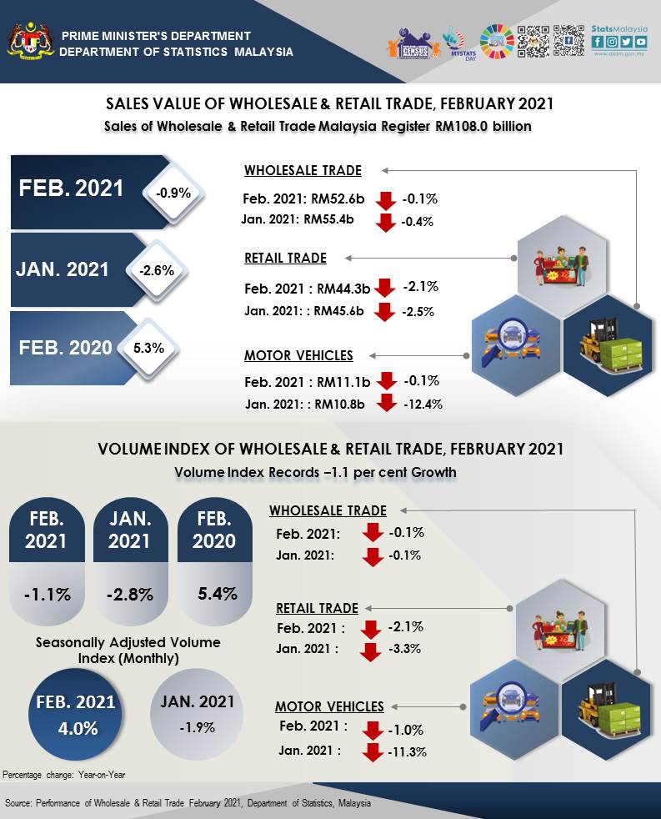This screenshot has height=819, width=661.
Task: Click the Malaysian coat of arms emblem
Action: tap(29, 41)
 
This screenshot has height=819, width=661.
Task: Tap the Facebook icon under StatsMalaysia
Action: tap(598, 42)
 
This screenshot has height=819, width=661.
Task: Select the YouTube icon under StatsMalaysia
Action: tap(640, 42)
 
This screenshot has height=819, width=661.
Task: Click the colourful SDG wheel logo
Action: tap(497, 41)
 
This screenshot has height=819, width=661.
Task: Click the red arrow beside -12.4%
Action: tap(386, 403)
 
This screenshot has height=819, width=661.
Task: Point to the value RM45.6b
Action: tap(343, 311)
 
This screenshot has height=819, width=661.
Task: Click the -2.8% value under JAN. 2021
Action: tap(130, 595)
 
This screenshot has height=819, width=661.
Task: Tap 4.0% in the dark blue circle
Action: tap(76, 727)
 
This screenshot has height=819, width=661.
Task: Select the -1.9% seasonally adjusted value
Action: tap(197, 726)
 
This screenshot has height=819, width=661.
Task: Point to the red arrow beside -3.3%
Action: tap(371, 650)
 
